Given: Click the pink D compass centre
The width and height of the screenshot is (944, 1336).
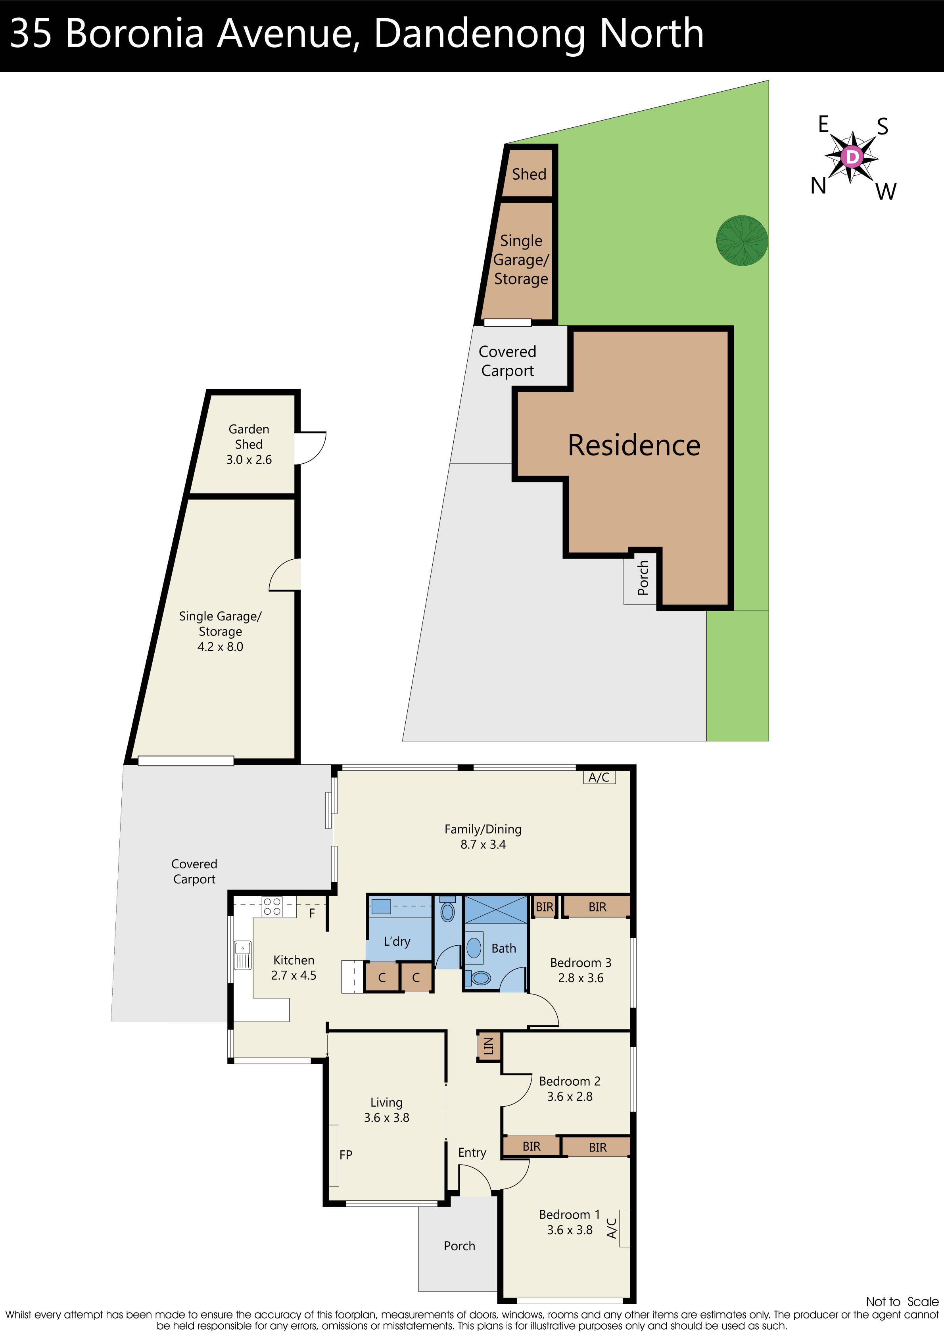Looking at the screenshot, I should pyautogui.click(x=852, y=157).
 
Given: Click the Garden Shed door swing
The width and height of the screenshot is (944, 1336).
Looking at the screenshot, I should pyautogui.click(x=310, y=448).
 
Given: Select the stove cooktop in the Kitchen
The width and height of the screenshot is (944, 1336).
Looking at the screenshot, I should pyautogui.click(x=272, y=906).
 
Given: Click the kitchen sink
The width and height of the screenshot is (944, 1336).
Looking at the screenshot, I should pyautogui.click(x=242, y=955).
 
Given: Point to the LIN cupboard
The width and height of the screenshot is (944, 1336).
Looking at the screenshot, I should pyautogui.click(x=488, y=1046).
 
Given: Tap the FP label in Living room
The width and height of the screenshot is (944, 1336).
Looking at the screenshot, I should pyautogui.click(x=346, y=1154).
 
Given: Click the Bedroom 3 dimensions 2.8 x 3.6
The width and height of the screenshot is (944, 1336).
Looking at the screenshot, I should pyautogui.click(x=580, y=978).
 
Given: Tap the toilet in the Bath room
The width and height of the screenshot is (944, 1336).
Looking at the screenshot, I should pyautogui.click(x=481, y=978).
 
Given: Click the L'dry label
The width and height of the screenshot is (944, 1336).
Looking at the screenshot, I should pyautogui.click(x=397, y=941).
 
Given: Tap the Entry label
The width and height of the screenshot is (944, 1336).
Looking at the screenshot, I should pyautogui.click(x=472, y=1153).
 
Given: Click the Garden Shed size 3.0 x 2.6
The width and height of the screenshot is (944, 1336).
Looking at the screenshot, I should pyautogui.click(x=249, y=460).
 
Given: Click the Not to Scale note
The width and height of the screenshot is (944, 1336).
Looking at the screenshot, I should pyautogui.click(x=902, y=1301).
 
